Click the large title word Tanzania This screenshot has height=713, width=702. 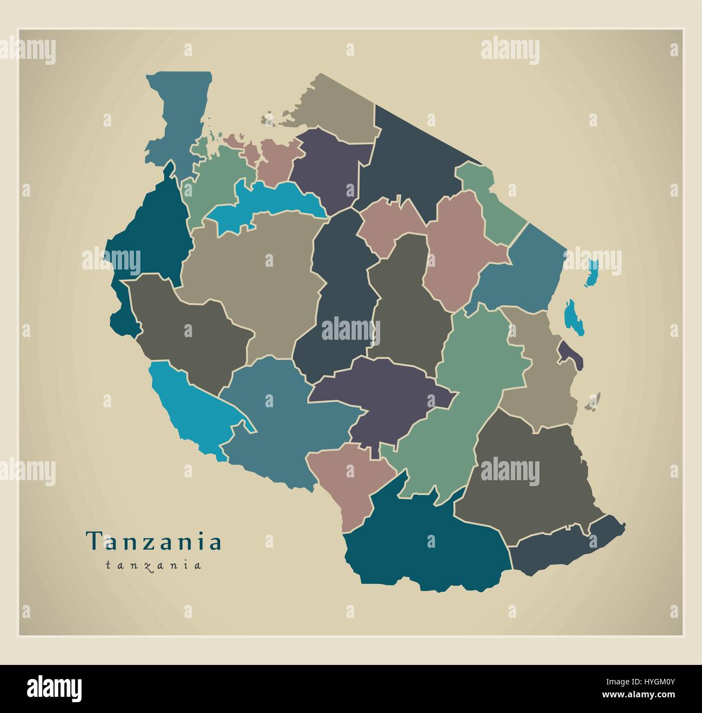point(154,541)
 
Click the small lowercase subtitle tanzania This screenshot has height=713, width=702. point(154,566)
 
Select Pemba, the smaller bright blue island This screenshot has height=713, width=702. point(593,272)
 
